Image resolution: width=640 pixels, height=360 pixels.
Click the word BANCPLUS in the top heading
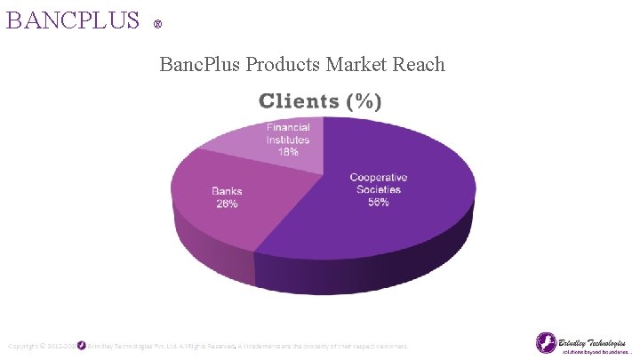tap(73, 20)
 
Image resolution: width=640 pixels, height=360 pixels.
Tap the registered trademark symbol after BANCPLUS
tap(157, 24)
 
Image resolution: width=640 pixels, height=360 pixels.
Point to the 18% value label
tap(288, 152)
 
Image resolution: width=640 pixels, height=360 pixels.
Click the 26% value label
tap(227, 204)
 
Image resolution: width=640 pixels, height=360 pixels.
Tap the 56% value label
tap(378, 202)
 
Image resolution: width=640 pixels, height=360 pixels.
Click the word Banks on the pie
tap(227, 191)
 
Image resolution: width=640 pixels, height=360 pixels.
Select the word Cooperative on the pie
tap(380, 178)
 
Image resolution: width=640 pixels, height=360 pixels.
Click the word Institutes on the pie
tap(288, 140)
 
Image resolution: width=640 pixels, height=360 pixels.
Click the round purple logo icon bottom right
tap(546, 342)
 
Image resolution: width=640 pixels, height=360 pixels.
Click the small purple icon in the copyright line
tap(81, 345)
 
